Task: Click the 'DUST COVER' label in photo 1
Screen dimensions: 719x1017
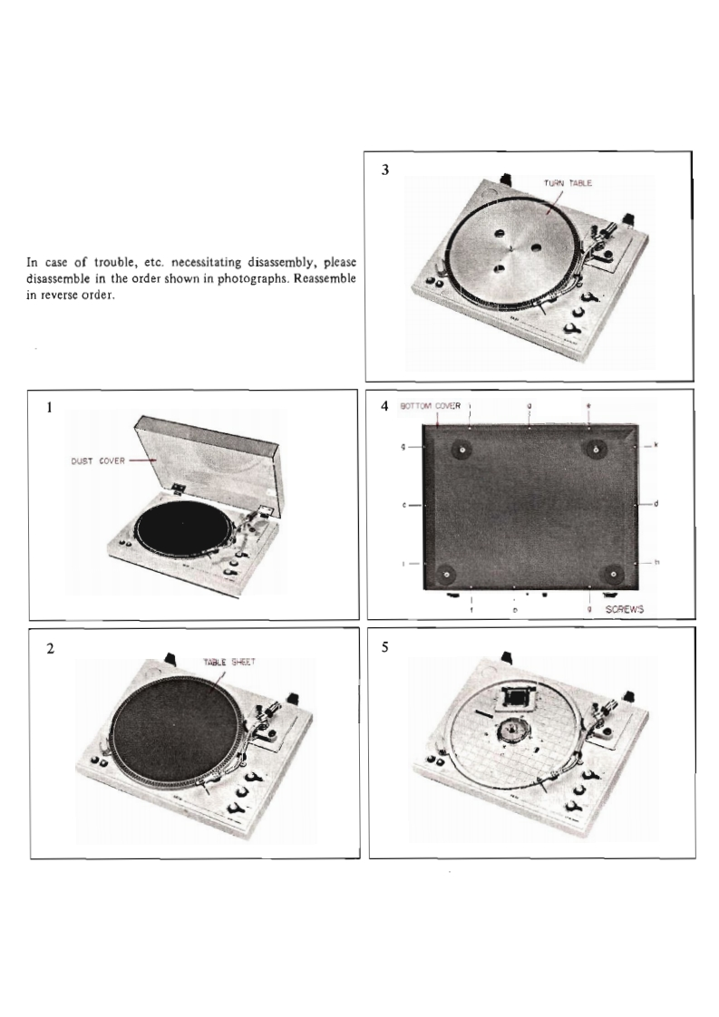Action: coord(98,460)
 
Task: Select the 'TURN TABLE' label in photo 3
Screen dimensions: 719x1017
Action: coord(568,183)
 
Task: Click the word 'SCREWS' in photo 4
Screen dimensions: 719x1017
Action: coord(623,610)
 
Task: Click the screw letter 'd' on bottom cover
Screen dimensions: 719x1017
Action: coord(655,504)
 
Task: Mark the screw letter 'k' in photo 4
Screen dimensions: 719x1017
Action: coord(656,446)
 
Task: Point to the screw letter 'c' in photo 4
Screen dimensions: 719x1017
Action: coord(403,505)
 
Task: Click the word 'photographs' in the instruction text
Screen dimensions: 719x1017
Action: coord(242,278)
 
